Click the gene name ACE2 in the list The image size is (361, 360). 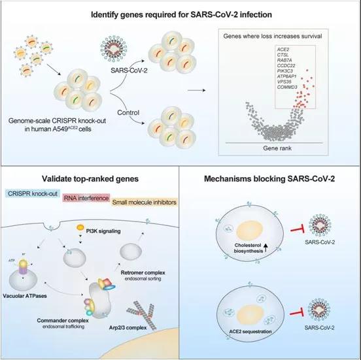283,50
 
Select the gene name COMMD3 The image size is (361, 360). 287,87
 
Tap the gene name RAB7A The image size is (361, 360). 284,60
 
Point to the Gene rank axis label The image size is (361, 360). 277,148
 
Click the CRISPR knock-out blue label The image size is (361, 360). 33,193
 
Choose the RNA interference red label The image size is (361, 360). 86,198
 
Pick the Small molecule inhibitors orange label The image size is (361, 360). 145,203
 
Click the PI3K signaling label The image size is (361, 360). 103,231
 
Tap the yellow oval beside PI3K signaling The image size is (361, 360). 80,227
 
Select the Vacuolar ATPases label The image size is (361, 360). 25,296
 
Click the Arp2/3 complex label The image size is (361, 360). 128,327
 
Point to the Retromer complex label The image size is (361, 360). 143,272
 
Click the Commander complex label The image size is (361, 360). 63,320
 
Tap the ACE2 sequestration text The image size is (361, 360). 250,331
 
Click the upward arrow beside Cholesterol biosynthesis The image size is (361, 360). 266,248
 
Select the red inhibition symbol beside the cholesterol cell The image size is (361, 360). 298,229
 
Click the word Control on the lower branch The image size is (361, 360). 128,113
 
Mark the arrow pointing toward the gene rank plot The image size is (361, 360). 196,90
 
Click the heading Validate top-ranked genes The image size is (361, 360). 90,179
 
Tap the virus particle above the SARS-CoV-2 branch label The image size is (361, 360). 114,48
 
